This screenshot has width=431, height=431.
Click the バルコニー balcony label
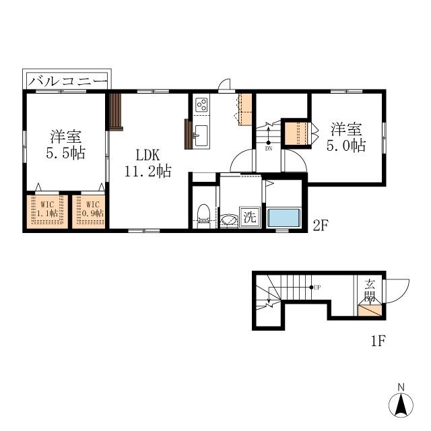point(68,81)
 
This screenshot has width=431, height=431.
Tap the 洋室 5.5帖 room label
point(66,145)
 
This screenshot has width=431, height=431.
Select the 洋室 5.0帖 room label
point(346,137)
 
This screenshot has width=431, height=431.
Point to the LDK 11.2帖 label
point(148,163)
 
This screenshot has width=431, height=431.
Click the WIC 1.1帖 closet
point(47,211)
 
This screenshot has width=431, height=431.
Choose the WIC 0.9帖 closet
point(89,211)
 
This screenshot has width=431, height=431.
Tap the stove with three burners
point(201,105)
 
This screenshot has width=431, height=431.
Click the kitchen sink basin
point(201,135)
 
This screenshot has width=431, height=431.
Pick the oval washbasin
point(229,220)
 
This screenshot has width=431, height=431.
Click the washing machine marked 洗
point(250,217)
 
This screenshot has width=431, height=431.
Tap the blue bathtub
point(284,218)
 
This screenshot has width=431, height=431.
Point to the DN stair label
point(269,149)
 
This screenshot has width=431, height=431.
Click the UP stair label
point(317,288)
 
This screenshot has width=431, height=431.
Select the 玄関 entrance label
point(370,290)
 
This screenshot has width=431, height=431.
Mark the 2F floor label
point(321,226)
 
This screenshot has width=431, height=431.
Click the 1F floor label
point(378,341)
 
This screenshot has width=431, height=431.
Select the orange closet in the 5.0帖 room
point(296,133)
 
